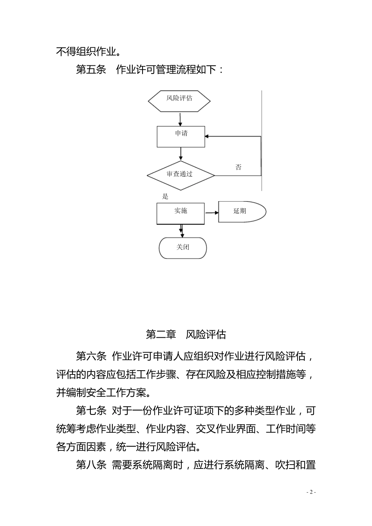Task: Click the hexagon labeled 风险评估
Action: coord(179,101)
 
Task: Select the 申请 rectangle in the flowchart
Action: coord(181,137)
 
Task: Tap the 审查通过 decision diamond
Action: coord(181,175)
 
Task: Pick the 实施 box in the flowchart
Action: coord(181,213)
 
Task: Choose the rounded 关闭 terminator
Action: coord(182,248)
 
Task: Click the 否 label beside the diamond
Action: coord(238,168)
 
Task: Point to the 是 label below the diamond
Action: coord(165,196)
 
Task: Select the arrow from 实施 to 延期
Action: coord(211,213)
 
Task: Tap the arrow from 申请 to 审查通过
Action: coord(181,154)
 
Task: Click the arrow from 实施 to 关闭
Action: coord(181,231)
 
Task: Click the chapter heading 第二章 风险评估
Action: coord(186,335)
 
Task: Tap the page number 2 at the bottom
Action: coord(311,492)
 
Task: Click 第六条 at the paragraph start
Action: coord(91,357)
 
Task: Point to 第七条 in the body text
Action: coord(91,411)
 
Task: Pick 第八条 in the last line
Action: coord(91,465)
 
